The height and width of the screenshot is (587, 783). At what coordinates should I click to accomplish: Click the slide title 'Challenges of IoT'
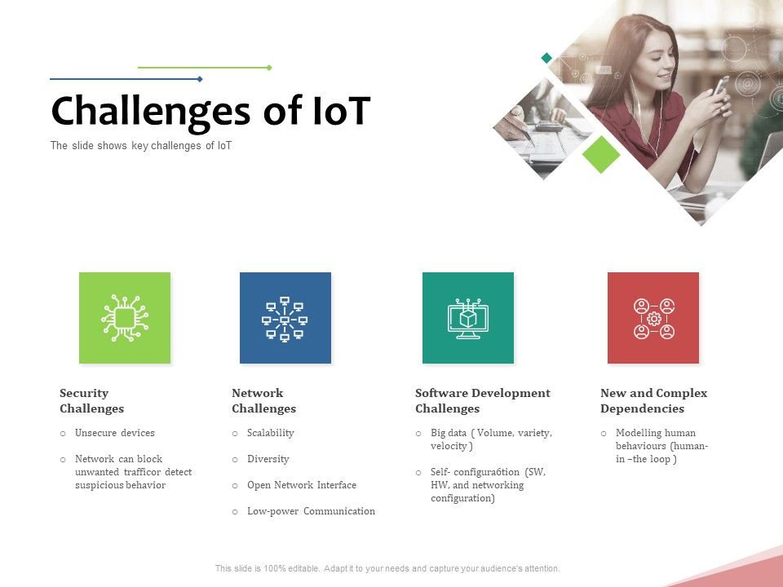210,112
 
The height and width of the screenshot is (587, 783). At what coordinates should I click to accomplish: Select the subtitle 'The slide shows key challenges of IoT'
141,146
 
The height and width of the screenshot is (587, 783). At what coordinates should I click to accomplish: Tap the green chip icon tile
125,318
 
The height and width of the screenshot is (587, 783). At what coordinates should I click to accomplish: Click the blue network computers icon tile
285,318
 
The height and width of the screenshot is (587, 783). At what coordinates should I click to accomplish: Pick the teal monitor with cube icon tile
468,318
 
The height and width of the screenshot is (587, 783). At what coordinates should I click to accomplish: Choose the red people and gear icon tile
653,318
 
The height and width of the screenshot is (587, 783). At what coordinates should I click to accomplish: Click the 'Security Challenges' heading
91,400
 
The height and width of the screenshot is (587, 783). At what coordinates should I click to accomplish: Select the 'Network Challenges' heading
263,400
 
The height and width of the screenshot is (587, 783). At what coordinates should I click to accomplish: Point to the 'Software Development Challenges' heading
482,400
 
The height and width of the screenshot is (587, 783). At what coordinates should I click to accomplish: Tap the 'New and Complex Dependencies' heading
653,400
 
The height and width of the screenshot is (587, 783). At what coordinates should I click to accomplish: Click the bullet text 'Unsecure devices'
114,433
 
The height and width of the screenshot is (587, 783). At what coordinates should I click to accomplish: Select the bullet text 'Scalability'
270,433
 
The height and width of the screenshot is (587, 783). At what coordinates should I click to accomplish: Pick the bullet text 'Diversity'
268,459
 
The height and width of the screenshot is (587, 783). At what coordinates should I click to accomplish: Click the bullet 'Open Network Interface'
301,485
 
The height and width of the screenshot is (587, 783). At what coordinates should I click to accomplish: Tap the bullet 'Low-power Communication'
311,511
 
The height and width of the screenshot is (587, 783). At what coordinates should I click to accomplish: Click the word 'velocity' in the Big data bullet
449,446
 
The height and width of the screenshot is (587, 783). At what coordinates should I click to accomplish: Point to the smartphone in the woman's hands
721,86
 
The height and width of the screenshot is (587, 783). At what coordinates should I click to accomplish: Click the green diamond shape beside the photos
602,154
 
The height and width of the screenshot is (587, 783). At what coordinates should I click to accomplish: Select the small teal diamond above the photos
546,58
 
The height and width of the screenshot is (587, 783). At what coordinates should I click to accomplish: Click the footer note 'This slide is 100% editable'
387,568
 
